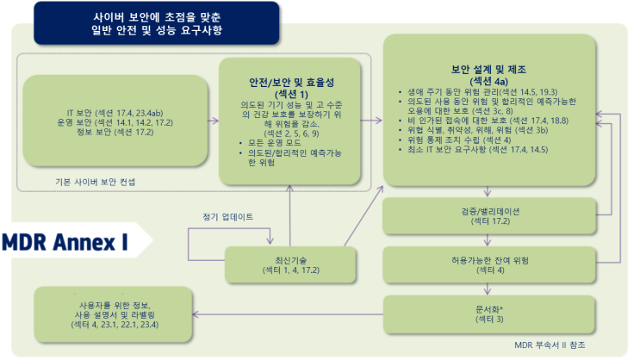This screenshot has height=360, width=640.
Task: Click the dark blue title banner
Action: coord(156,23)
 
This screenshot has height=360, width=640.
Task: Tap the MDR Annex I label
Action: coord(65,242)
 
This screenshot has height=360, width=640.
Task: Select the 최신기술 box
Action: coord(290,265)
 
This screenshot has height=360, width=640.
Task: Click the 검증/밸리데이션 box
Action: coord(489,216)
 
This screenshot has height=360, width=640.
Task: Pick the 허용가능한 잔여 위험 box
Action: coord(489,265)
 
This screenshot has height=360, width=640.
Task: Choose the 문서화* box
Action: coord(489,313)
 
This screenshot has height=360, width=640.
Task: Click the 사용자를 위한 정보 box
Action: coord(113,314)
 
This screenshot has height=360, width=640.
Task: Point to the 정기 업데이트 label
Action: coord(227,217)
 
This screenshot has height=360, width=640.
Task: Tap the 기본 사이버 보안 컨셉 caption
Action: coord(95,182)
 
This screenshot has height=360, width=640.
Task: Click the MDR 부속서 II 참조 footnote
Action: coord(550,344)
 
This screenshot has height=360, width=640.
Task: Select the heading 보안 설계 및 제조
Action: coord(488,70)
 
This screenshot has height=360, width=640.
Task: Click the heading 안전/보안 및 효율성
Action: coord(291,83)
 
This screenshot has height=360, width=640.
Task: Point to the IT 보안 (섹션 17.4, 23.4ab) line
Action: coord(115,113)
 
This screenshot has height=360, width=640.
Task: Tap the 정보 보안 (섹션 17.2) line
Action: coord(115,132)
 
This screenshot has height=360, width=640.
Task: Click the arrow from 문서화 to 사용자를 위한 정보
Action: coord(288,314)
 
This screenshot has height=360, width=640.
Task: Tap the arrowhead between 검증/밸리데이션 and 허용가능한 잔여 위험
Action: coord(488,243)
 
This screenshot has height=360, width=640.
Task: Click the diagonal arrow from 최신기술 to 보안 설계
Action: coord(363,216)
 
